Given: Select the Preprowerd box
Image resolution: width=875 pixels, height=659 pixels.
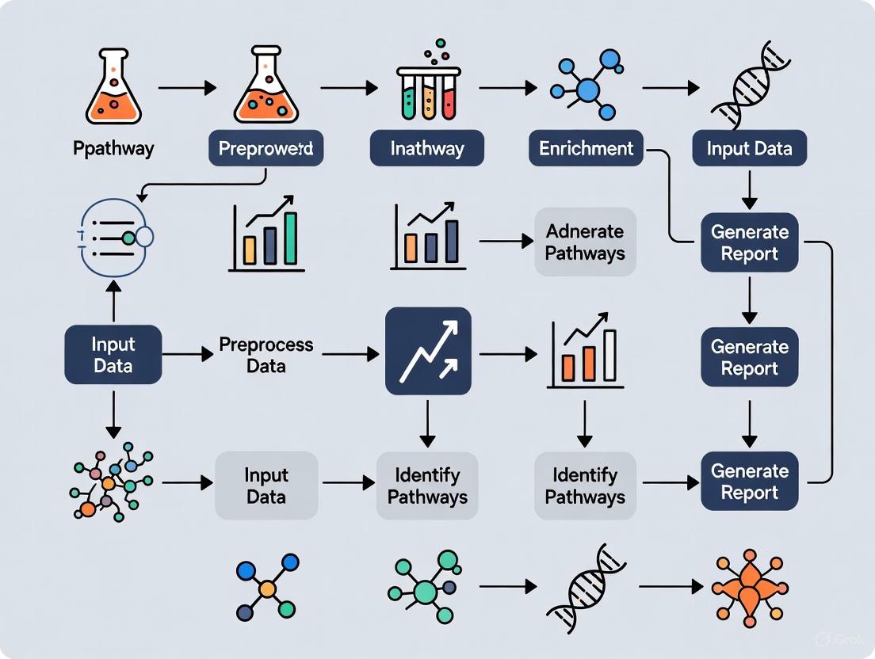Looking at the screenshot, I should [x=266, y=148].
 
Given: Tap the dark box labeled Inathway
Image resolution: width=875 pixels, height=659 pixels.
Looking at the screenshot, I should [x=427, y=148].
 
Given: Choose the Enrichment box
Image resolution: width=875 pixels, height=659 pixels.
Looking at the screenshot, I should [x=587, y=148].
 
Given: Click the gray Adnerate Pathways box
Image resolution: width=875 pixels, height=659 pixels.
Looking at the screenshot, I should [x=585, y=242].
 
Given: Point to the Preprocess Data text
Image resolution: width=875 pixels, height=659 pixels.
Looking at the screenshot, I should [x=266, y=356].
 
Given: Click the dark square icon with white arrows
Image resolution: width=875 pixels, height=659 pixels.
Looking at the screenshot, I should [x=428, y=351].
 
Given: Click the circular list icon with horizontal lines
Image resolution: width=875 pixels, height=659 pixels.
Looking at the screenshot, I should [x=115, y=236].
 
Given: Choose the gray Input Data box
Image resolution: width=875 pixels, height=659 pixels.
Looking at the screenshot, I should [x=266, y=486].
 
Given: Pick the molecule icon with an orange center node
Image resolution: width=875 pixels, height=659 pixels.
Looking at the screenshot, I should [x=267, y=588].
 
